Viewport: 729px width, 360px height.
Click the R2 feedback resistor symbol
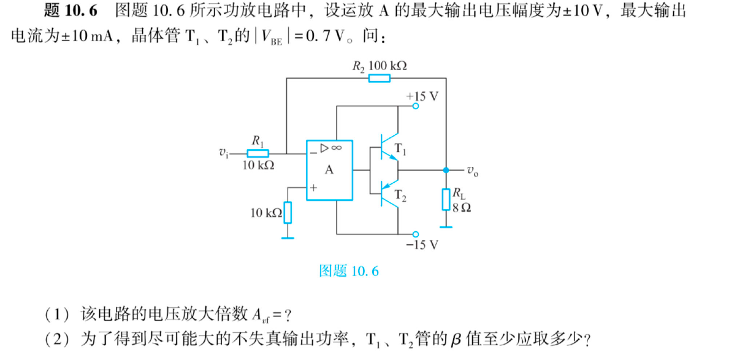coord(379,78)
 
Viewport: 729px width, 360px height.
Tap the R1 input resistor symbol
coord(258,153)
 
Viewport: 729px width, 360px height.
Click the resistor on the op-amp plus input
coord(287,212)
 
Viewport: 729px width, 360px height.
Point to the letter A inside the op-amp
coord(329,170)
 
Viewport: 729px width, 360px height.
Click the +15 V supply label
coord(422,96)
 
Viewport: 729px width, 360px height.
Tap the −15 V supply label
coord(422,245)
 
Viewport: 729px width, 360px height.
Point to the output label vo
coord(473,171)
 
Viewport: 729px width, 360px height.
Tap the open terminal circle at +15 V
coord(416,106)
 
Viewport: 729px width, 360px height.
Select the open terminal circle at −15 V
coord(416,234)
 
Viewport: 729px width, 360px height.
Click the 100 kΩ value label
coord(388,66)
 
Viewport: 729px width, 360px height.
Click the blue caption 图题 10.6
coord(349,270)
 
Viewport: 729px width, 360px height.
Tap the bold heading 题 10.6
coord(71,12)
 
